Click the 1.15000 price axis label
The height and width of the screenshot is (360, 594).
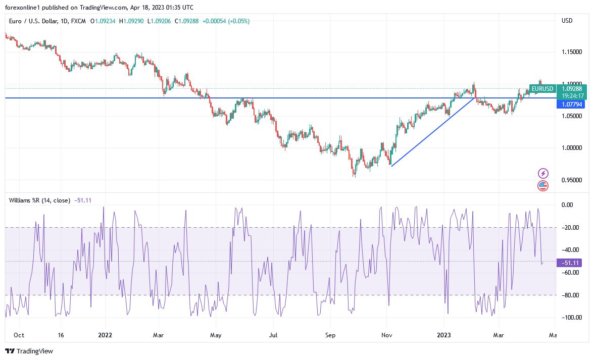tap(571, 52)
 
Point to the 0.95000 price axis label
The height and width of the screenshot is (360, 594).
tap(571, 180)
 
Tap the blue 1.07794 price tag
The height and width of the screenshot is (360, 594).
tap(569, 105)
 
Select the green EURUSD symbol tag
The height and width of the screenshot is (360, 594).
tap(542, 88)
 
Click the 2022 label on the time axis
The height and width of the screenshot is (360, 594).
tap(105, 335)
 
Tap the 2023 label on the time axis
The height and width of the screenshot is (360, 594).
tap(444, 335)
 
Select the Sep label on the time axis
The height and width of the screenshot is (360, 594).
tap(330, 335)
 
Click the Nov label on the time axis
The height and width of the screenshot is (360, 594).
tap(387, 335)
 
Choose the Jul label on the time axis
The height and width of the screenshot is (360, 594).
tap(273, 335)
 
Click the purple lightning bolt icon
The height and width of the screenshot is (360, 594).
tap(543, 173)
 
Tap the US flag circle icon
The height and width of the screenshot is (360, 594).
tap(543, 186)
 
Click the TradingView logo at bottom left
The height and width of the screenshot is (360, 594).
tap(29, 351)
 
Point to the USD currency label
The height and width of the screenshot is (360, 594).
tap(567, 21)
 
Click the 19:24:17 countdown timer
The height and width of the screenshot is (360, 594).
tap(569, 95)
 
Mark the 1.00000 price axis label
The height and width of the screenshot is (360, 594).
tap(571, 148)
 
